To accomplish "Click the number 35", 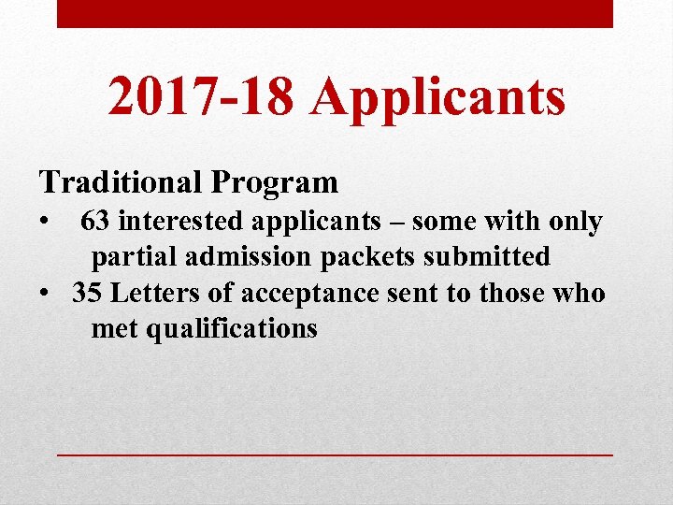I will point(88,294).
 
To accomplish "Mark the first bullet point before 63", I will point(44,223).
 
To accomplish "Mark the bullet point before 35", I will point(44,295).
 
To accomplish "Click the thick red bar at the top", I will point(335,13).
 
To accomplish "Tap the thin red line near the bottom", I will point(335,454).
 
